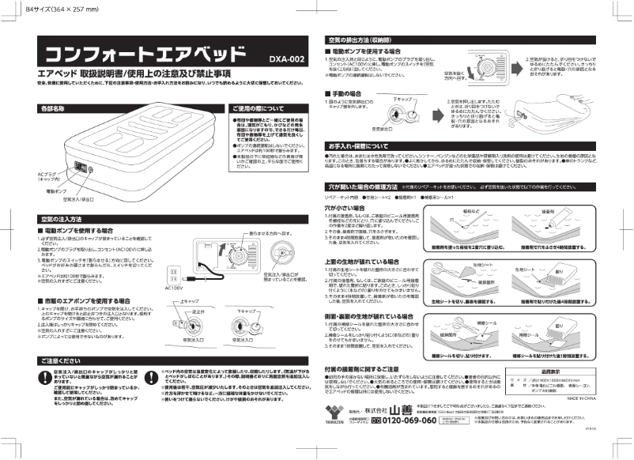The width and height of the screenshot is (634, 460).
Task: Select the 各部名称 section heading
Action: tap(52, 107)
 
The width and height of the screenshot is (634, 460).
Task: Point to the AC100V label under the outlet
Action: tap(175, 288)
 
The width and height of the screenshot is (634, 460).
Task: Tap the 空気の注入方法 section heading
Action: tap(61, 218)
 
